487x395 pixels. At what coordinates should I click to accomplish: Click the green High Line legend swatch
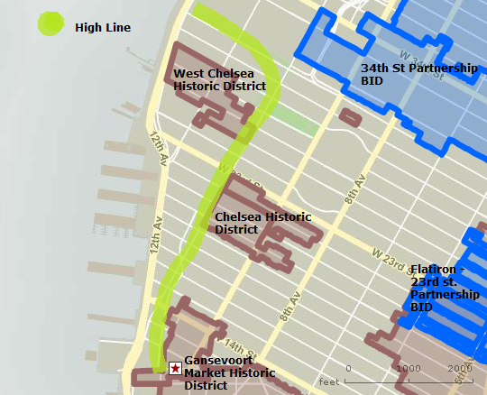(50, 23)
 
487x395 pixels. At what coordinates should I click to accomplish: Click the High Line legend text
(103, 28)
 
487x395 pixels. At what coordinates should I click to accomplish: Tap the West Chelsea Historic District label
(219, 79)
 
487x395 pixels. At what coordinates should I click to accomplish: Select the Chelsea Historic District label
(262, 223)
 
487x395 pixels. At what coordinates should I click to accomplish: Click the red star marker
(174, 368)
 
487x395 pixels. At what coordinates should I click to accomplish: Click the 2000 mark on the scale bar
(460, 368)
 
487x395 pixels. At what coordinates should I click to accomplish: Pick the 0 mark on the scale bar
(348, 368)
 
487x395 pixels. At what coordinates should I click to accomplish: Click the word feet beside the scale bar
(328, 382)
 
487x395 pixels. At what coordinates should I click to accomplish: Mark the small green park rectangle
(289, 115)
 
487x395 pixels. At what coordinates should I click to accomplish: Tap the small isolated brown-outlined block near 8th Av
(350, 117)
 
